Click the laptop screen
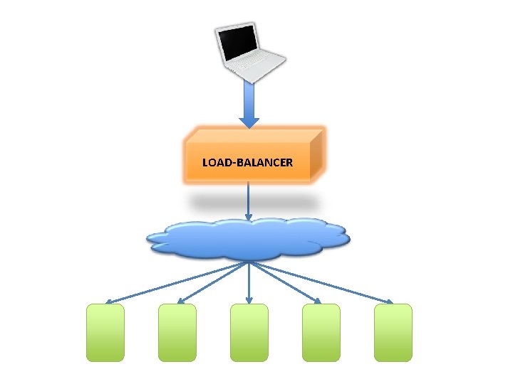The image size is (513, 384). point(239,43)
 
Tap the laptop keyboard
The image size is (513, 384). point(258,63)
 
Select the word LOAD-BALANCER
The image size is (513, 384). point(247,163)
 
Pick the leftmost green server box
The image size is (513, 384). point(105,332)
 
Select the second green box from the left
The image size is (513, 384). point(177,332)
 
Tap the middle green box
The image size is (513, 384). point(249,332)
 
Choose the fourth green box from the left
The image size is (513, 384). point(321,332)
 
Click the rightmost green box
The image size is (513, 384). point(393,332)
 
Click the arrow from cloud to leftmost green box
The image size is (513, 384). point(178,282)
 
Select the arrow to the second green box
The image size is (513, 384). point(214,282)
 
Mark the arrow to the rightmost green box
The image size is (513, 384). point(321,282)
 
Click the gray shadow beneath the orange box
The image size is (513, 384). point(249,202)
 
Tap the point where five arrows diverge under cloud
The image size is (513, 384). point(249,262)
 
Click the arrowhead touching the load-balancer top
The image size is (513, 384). point(249,122)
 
